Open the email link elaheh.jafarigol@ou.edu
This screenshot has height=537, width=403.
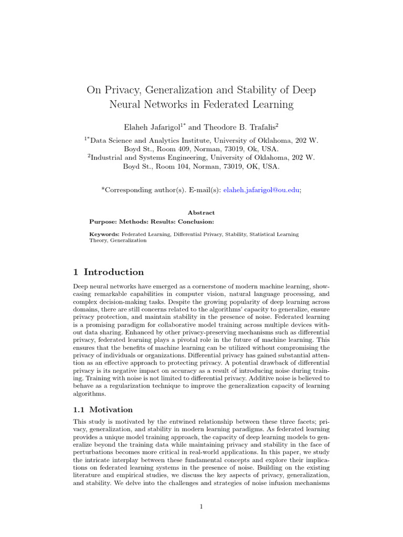pos(261,191)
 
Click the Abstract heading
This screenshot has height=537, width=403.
pos(201,212)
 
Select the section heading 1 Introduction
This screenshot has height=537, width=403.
pos(108,272)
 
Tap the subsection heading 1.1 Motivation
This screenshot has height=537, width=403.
pos(103,410)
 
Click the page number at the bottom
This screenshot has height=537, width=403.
pos(201,506)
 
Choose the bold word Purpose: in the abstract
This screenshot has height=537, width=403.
pos(105,221)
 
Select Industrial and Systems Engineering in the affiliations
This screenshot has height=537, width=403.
pos(147,157)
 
